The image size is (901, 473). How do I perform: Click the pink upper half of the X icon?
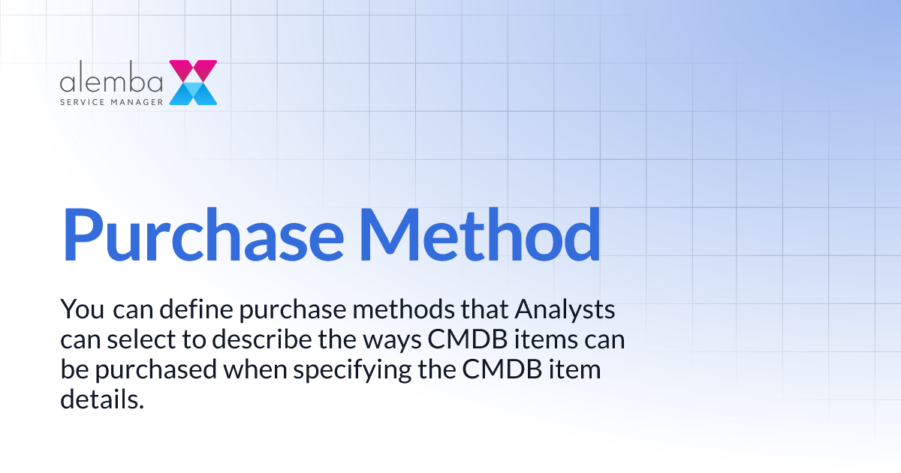coord(193,71)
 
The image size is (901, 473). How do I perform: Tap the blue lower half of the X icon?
coord(193,94)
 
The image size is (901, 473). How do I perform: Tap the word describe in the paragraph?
coord(264,340)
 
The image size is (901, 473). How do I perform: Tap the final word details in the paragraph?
coord(101,400)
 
